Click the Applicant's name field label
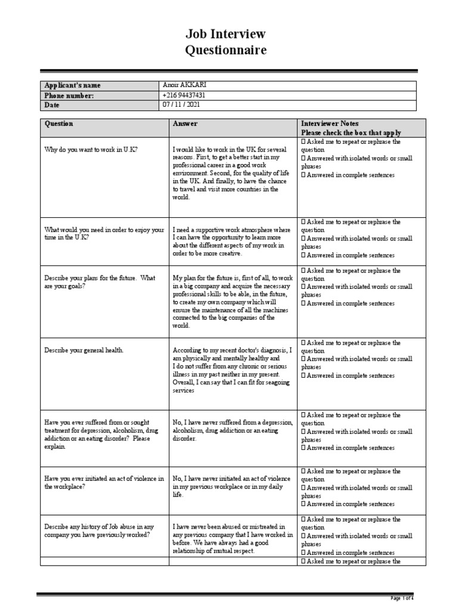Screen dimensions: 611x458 pos(69,85)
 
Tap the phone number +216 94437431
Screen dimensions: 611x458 pos(184,95)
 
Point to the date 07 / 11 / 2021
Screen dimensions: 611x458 pos(181,105)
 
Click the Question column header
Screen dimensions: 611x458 pos(59,124)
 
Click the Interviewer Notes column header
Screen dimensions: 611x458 pos(330,124)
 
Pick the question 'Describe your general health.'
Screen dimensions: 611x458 pos(84,350)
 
